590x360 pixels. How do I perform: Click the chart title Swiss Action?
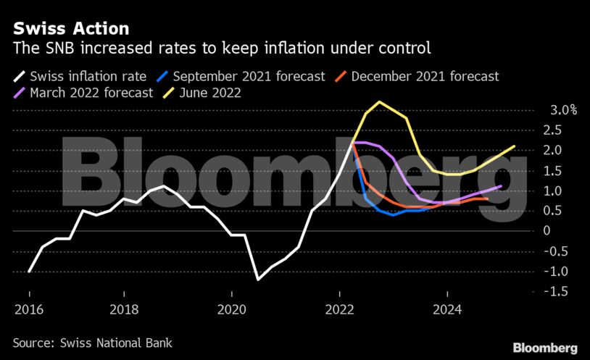[x=70, y=28]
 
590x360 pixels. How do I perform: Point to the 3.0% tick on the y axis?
[x=562, y=111]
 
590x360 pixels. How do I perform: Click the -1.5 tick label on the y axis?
[x=557, y=290]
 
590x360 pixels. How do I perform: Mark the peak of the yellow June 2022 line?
[x=379, y=101]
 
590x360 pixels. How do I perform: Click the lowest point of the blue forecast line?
[x=393, y=214]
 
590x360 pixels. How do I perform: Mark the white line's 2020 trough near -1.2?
[x=258, y=279]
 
